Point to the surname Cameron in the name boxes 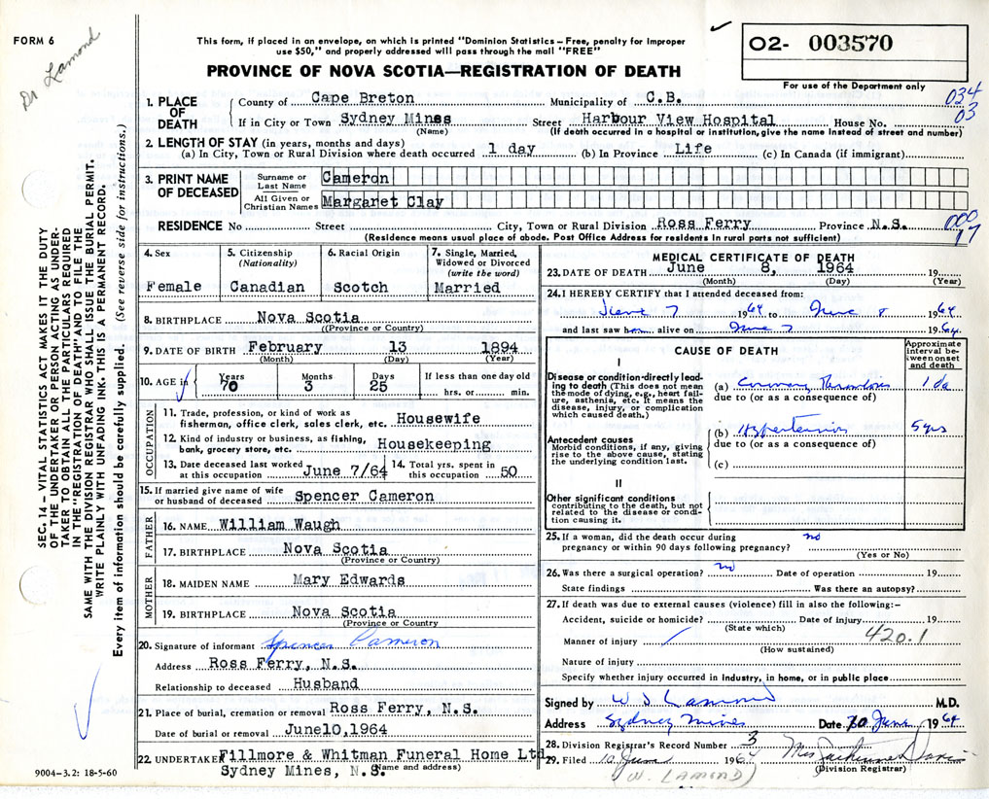pos(357,179)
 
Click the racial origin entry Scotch pos(360,288)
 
